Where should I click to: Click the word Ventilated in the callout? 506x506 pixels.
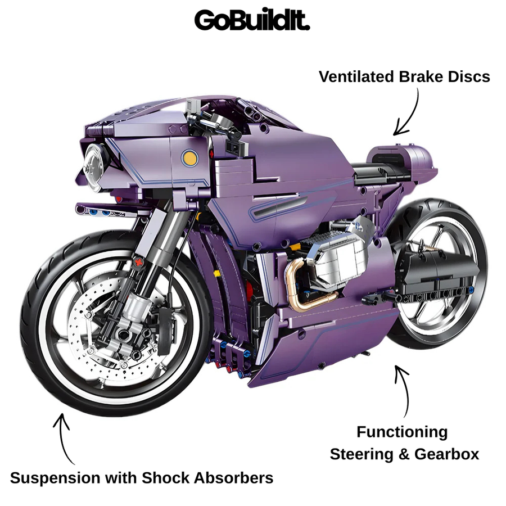(x=356, y=77)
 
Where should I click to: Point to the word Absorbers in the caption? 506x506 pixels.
(x=233, y=477)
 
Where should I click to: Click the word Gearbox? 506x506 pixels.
(x=446, y=454)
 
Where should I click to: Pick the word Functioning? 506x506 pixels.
(x=402, y=432)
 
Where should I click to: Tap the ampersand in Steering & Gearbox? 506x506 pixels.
(x=404, y=454)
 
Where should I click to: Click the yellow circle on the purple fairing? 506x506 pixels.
(x=189, y=158)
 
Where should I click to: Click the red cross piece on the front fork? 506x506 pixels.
(x=139, y=262)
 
